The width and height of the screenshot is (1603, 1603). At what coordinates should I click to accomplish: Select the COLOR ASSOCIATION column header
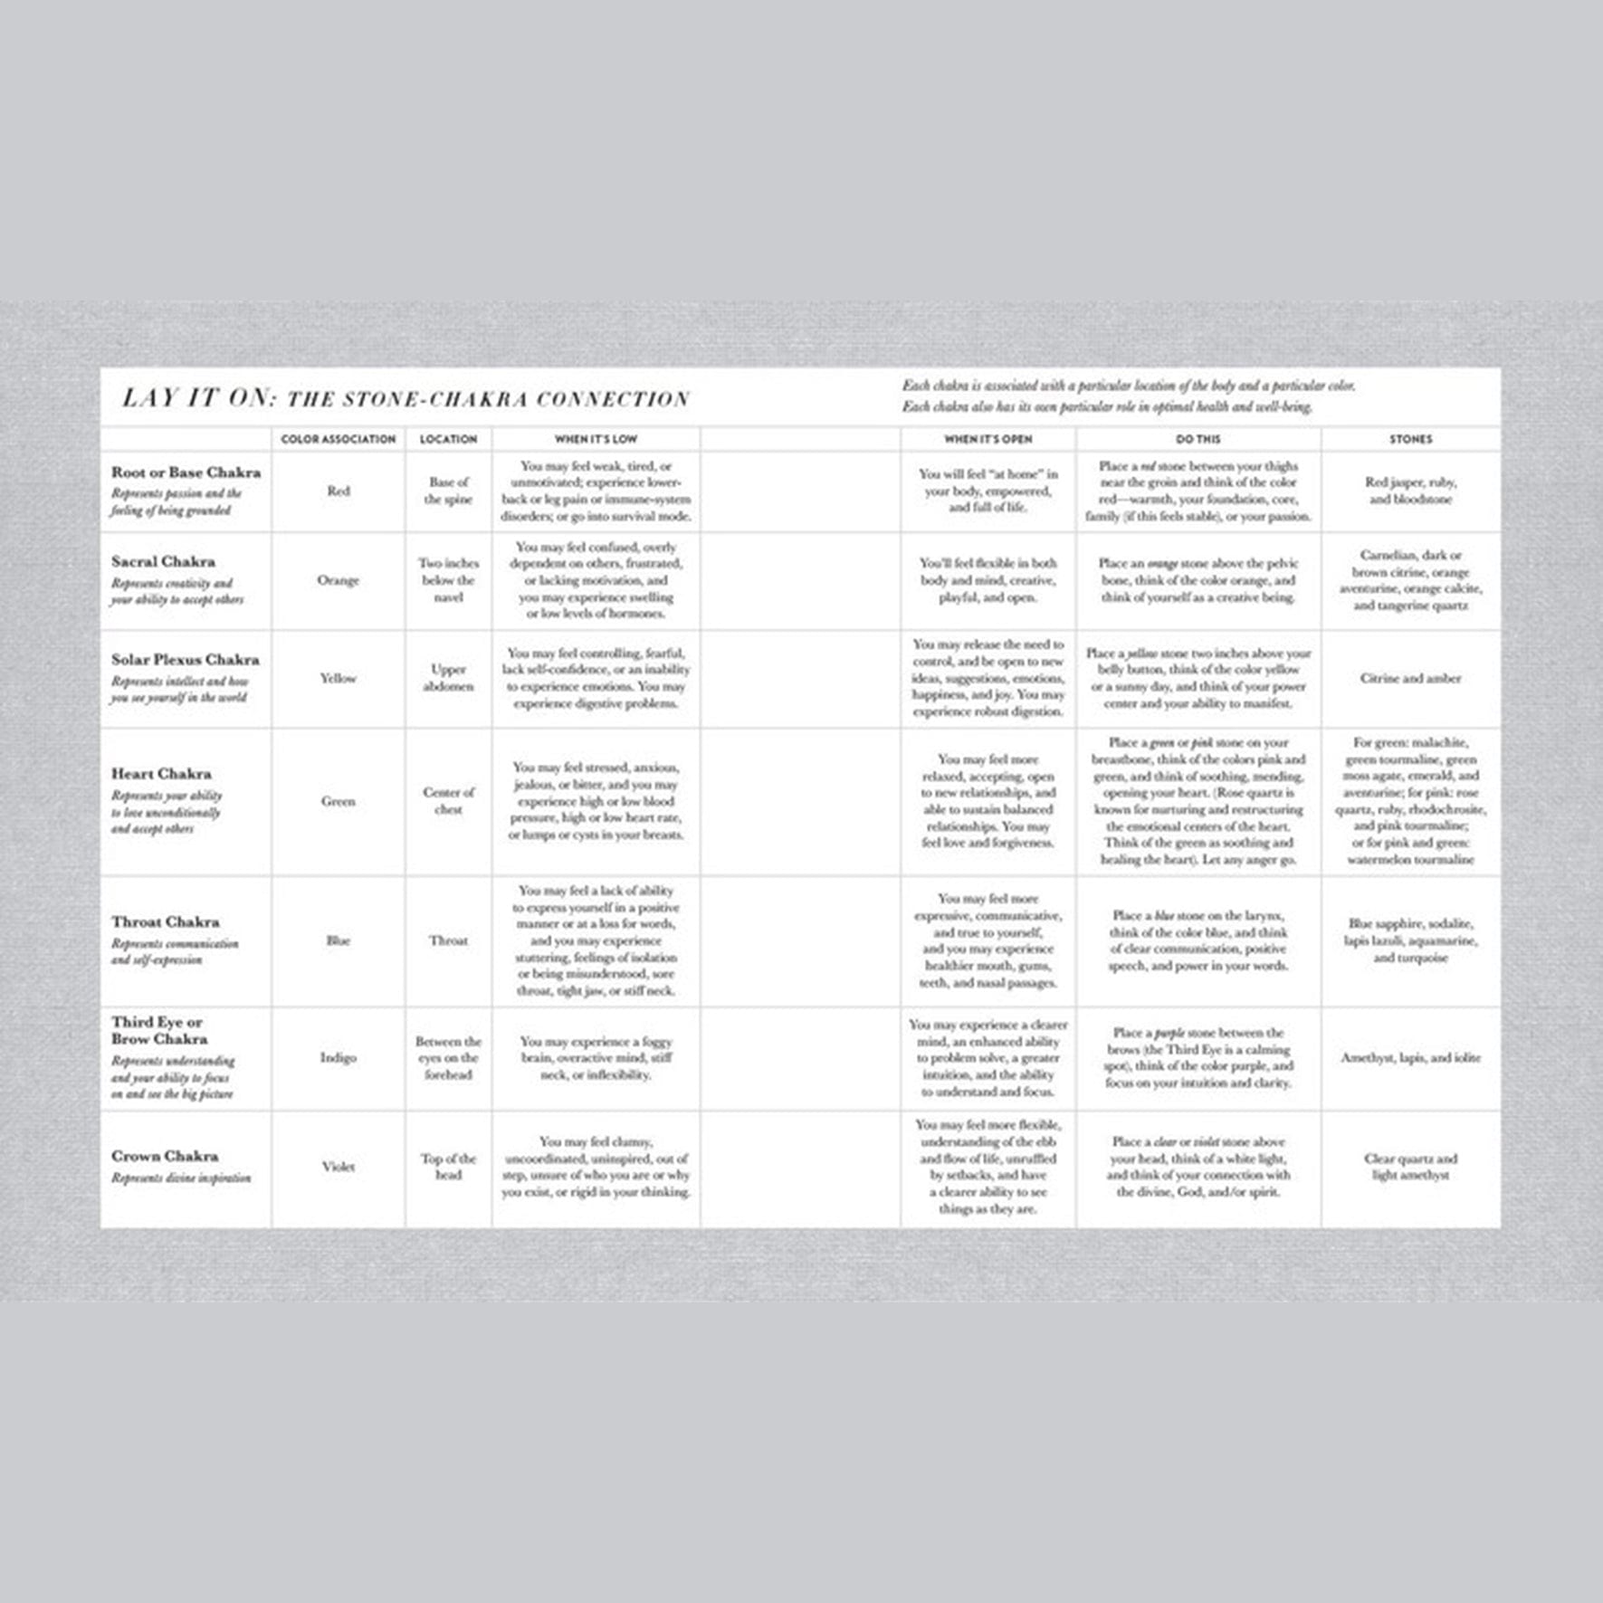(x=338, y=439)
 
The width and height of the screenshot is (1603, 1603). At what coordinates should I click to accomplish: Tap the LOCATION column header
(x=448, y=439)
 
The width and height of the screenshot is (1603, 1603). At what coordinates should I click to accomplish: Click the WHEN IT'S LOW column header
(x=596, y=439)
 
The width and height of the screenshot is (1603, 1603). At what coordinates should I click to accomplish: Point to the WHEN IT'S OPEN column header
(x=988, y=439)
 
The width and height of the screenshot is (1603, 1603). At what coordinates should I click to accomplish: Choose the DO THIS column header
(x=1197, y=439)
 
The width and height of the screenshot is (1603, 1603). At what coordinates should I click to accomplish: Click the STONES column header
(x=1410, y=439)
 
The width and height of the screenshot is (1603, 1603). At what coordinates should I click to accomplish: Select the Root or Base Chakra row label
(x=186, y=472)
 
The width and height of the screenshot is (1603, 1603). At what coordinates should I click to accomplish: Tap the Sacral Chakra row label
(x=163, y=561)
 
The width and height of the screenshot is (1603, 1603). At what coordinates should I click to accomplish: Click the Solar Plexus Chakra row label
(x=185, y=660)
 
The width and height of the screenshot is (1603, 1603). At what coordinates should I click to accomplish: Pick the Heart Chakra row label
(x=161, y=774)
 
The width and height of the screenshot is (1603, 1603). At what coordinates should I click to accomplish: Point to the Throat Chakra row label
(x=165, y=922)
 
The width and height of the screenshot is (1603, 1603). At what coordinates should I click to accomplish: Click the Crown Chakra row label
(x=164, y=1156)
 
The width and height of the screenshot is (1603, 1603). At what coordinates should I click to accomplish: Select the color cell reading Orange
(x=338, y=580)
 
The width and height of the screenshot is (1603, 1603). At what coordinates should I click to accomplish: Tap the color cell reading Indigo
(x=338, y=1057)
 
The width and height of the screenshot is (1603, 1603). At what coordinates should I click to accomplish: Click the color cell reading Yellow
(x=338, y=678)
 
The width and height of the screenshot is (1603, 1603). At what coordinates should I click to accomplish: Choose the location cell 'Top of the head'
(x=448, y=1167)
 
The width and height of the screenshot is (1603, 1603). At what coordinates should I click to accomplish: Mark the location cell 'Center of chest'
(x=448, y=801)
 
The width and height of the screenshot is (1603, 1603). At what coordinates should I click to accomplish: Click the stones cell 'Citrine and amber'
(x=1410, y=678)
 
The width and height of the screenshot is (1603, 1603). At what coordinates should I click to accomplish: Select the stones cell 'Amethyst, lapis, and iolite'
(x=1410, y=1057)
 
